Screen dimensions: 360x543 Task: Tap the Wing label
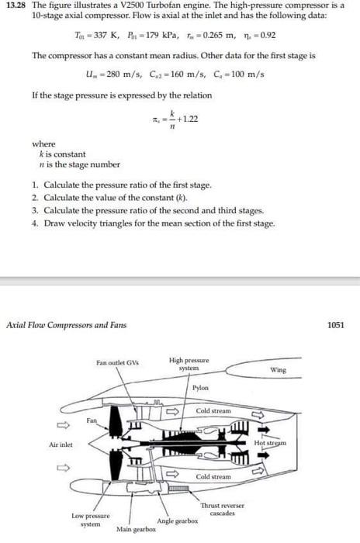point(278,370)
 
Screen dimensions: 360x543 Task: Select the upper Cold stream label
point(213,410)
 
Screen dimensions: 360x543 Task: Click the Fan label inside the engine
point(91,420)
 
